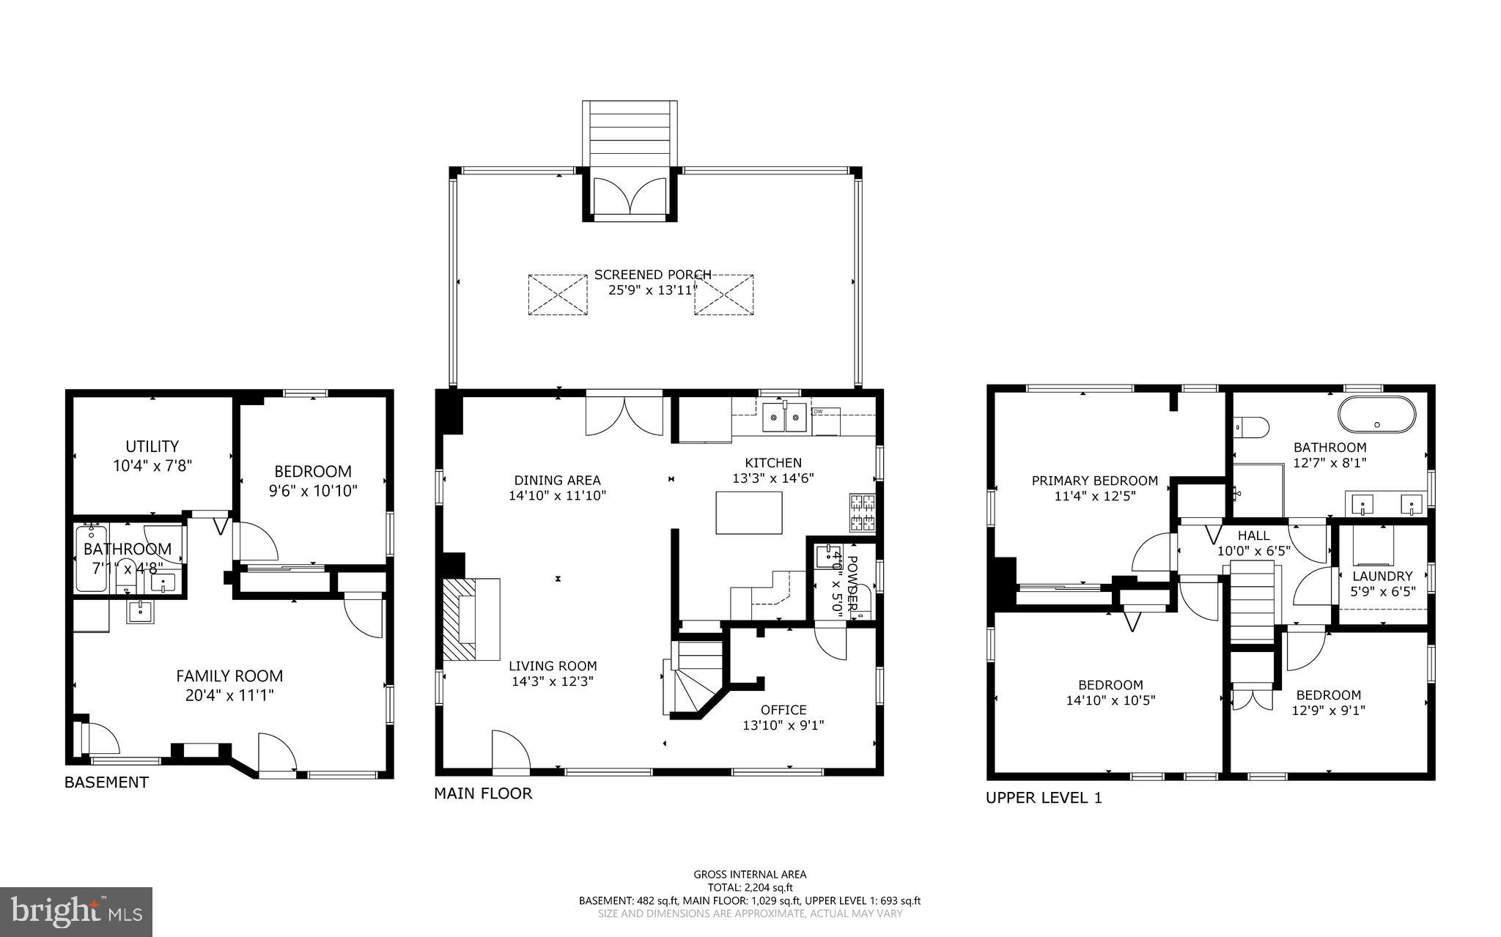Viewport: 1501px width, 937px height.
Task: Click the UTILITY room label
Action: (152, 446)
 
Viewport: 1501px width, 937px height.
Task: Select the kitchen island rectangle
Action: (748, 513)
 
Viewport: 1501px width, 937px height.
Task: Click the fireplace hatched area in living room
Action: (460, 619)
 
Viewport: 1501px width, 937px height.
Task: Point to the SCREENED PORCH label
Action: (652, 275)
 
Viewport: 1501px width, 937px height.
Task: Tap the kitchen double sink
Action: (784, 418)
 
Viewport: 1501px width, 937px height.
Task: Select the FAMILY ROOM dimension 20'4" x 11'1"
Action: (229, 695)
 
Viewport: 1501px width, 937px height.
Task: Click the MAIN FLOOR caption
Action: (483, 793)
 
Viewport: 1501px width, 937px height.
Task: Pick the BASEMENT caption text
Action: (106, 782)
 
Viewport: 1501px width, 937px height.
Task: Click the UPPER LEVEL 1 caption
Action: (1043, 799)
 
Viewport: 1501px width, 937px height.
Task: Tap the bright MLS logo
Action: (75, 911)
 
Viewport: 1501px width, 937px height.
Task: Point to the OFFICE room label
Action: (783, 710)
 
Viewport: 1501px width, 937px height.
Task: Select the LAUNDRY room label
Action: (1382, 577)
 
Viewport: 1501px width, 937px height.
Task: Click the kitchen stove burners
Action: (862, 513)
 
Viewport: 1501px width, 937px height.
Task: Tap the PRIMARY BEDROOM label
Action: (1094, 481)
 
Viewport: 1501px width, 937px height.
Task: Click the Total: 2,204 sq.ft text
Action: (749, 887)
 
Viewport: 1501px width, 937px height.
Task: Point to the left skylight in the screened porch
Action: (558, 295)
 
